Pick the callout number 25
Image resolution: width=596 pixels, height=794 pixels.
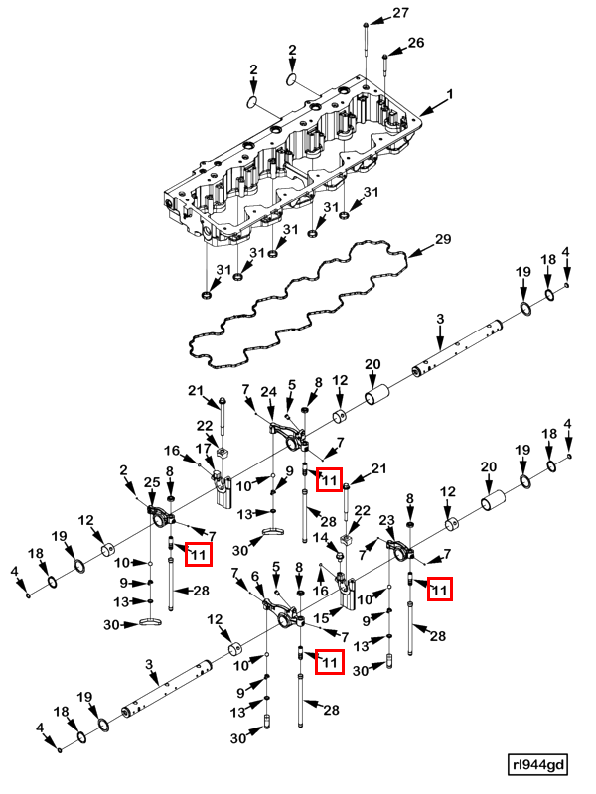(x=151, y=483)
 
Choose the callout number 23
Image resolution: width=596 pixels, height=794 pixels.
(x=387, y=519)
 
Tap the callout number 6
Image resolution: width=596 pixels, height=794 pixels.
(x=255, y=577)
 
